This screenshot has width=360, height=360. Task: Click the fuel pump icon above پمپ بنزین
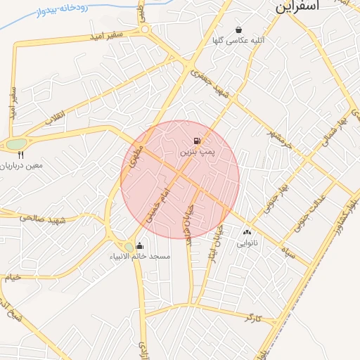click(195, 141)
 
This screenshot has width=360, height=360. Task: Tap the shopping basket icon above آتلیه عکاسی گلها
click(238, 30)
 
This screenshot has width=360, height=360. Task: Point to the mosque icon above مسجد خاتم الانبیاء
click(139, 245)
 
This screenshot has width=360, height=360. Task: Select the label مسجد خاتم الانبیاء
click(140, 257)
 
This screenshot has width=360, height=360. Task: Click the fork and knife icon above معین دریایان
click(21, 155)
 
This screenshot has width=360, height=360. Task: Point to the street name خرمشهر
click(259, 129)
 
